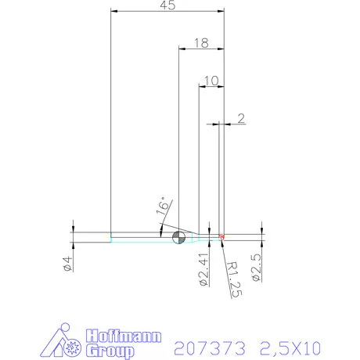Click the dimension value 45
pyautogui.click(x=166, y=5)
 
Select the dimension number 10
pyautogui.click(x=211, y=81)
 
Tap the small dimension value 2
pyautogui.click(x=240, y=118)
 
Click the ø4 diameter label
pyautogui.click(x=67, y=264)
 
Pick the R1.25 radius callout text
pyautogui.click(x=232, y=279)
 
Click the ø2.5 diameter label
pyautogui.click(x=255, y=268)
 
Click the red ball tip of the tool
pyautogui.click(x=222, y=236)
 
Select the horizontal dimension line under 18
pyautogui.click(x=201, y=51)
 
